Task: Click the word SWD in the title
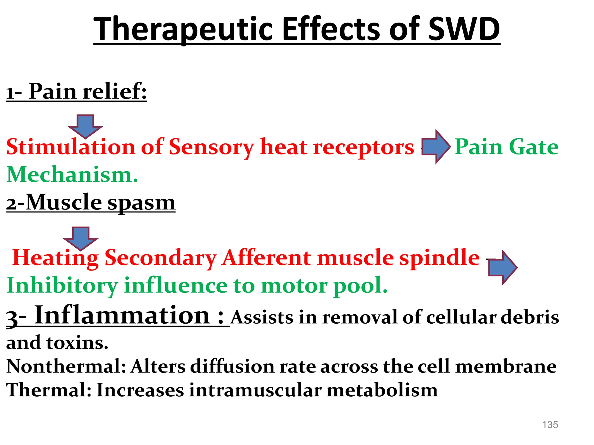[464, 29]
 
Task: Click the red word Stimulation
[71, 147]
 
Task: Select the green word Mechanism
[72, 175]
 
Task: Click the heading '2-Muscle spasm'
[91, 203]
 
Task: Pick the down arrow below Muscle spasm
[81, 238]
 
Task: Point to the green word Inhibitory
[62, 286]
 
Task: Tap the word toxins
[77, 343]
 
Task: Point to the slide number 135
[550, 425]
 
